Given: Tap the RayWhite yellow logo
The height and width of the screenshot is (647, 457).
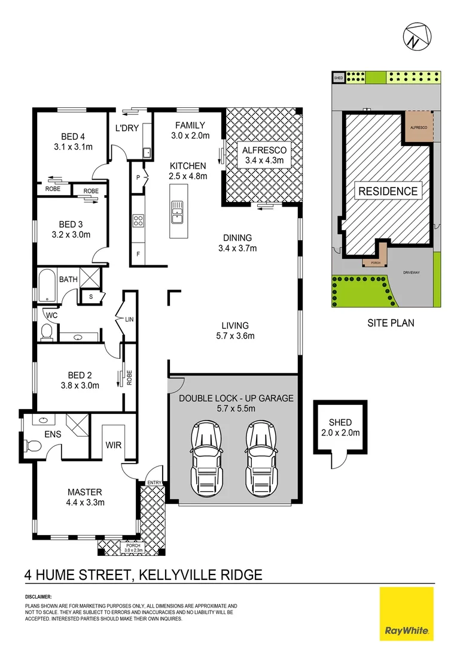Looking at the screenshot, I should pyautogui.click(x=407, y=613).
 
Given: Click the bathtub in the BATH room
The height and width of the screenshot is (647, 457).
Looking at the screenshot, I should pyautogui.click(x=47, y=286).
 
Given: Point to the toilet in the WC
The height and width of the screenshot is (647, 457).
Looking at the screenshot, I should pyautogui.click(x=47, y=330).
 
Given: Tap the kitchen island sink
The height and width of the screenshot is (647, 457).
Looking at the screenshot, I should pyautogui.click(x=178, y=209).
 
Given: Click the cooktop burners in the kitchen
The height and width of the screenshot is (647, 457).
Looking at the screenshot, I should pyautogui.click(x=138, y=220).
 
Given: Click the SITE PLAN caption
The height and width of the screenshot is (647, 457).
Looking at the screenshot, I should pyautogui.click(x=391, y=323).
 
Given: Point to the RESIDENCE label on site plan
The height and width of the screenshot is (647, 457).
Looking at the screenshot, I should pyautogui.click(x=388, y=192).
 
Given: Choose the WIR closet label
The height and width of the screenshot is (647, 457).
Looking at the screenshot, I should pyautogui.click(x=114, y=446).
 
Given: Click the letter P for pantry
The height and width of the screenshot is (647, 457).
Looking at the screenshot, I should pyautogui.click(x=138, y=178).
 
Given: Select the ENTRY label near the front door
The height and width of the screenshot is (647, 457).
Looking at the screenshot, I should pyautogui.click(x=154, y=482).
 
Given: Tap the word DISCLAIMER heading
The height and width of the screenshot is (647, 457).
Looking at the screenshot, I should pyautogui.click(x=38, y=597).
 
